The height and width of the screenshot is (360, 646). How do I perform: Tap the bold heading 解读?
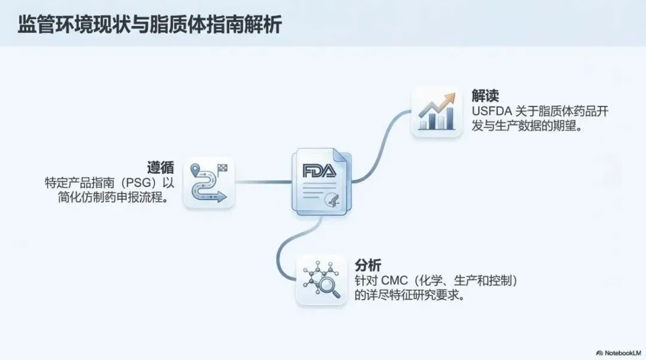coord(486,96)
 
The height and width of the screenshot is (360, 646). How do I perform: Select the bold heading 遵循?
coord(161,167)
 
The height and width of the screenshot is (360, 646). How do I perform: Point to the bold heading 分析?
coord(368,265)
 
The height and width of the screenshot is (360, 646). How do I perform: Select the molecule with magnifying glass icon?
coord(321,280)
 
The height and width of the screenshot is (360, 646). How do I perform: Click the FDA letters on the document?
coord(319,172)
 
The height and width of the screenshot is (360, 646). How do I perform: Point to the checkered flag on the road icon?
coord(223,167)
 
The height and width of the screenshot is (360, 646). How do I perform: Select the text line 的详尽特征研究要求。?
coord(409,295)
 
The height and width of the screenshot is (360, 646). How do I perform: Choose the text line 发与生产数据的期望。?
coord(527,127)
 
